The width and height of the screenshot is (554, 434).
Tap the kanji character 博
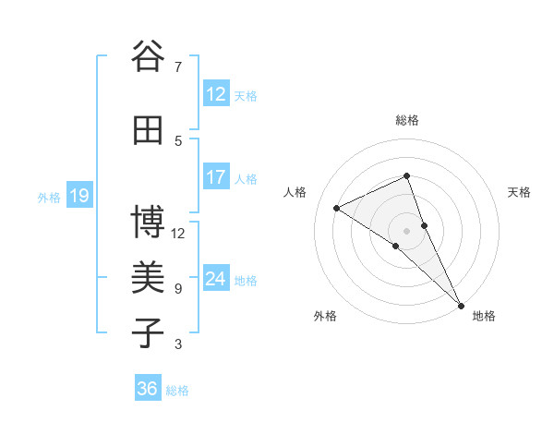point(148,223)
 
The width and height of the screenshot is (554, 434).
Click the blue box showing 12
point(215,93)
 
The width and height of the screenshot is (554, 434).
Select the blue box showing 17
point(215,177)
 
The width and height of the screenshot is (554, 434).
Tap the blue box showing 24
point(215,279)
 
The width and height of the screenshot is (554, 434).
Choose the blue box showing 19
point(78,196)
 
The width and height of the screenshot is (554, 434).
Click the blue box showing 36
point(147,389)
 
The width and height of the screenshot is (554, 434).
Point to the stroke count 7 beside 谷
point(177,67)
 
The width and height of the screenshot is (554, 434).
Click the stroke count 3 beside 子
point(177,344)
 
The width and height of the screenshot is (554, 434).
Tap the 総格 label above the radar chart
point(406,120)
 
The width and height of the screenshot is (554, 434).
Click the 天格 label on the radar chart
point(519,192)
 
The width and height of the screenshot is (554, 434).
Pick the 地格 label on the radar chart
point(484,316)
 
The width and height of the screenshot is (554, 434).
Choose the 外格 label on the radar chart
point(325,316)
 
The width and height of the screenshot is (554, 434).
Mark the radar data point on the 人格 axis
point(337,208)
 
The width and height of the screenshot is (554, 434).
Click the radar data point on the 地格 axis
point(461,304)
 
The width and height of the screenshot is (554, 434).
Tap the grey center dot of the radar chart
point(406,230)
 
